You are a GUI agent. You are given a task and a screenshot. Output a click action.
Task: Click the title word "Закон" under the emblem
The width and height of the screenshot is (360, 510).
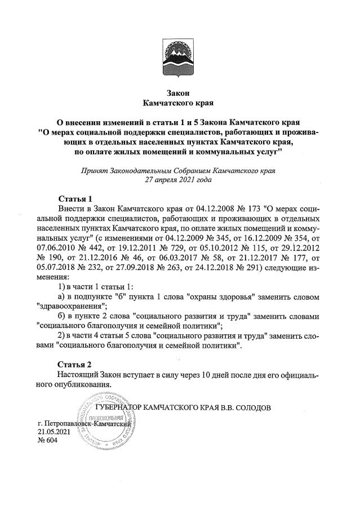pos(180,93)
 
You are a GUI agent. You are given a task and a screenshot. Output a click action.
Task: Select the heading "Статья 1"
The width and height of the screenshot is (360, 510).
pos(75,199)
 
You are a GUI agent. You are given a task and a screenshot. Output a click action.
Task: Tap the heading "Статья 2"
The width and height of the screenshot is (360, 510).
pos(75,364)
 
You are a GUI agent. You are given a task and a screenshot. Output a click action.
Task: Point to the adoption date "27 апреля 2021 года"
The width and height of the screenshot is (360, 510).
pos(180,180)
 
